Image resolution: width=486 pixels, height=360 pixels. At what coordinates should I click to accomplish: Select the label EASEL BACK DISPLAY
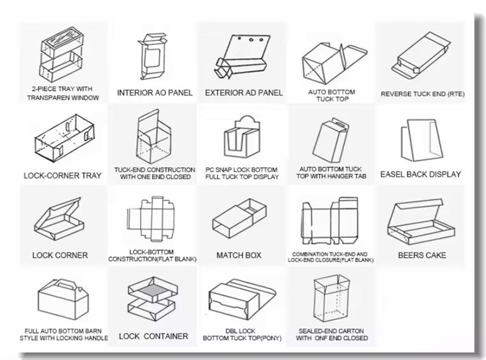click(421, 174)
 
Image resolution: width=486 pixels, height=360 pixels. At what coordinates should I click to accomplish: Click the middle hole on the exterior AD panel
click(251, 40)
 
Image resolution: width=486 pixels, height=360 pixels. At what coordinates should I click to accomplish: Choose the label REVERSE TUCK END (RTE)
click(423, 94)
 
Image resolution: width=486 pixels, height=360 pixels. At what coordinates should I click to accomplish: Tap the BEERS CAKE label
click(422, 255)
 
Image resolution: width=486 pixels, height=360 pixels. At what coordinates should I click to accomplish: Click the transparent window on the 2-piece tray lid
click(62, 40)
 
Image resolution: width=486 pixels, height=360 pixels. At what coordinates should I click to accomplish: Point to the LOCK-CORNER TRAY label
click(63, 176)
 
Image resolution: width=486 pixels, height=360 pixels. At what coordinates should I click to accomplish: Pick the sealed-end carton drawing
click(332, 299)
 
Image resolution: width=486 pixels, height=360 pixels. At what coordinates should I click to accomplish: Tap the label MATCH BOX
click(239, 255)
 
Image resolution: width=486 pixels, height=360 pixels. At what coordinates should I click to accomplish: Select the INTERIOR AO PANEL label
click(155, 93)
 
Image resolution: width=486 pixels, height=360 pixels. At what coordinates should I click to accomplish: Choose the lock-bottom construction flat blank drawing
click(151, 219)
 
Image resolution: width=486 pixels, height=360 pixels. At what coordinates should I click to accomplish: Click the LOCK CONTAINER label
click(153, 336)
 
